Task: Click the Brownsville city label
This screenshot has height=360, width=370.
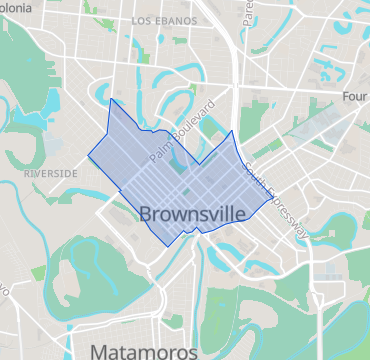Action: [x=197, y=213]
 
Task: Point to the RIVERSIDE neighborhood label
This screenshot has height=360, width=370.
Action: [x=48, y=173]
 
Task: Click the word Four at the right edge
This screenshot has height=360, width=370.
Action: [x=355, y=97]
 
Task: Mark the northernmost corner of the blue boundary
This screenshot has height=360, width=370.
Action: [x=110, y=99]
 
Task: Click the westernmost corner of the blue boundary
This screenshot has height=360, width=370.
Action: [x=88, y=156]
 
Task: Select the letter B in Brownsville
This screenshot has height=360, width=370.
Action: [x=147, y=213]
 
